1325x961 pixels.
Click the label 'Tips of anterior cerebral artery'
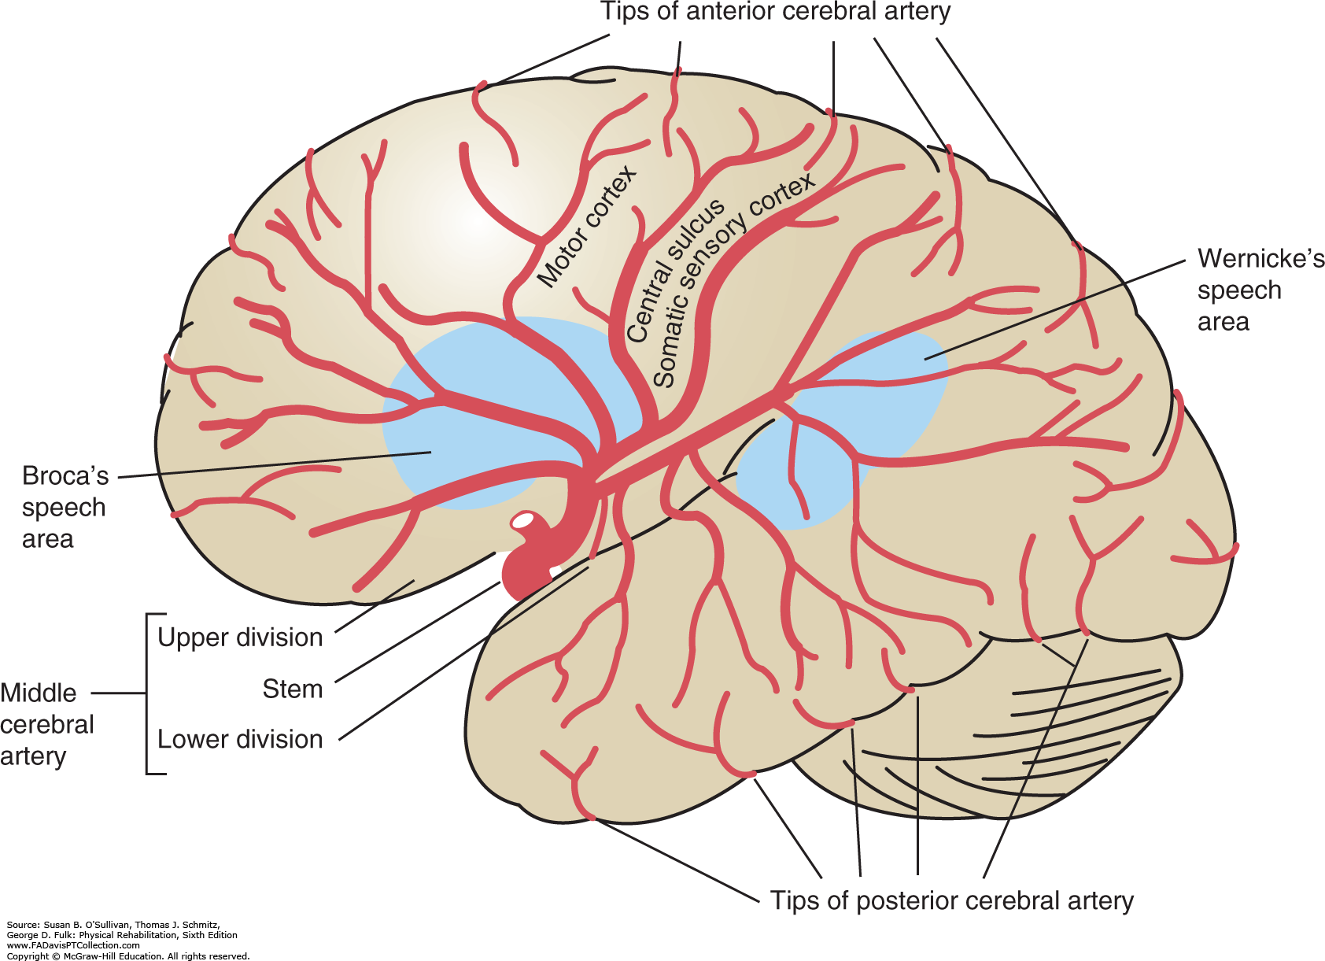click(775, 12)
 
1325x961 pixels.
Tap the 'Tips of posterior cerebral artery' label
click(951, 900)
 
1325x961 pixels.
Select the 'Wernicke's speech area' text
click(1260, 290)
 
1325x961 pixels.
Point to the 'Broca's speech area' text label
click(64, 508)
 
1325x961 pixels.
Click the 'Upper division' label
click(240, 637)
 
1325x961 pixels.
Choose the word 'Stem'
click(292, 689)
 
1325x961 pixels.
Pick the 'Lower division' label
click(240, 739)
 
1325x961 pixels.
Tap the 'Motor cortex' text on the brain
click(586, 227)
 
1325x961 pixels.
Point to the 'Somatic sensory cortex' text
click(732, 279)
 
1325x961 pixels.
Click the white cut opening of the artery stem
click(524, 520)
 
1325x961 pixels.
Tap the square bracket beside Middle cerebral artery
click(149, 693)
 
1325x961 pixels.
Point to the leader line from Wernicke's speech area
click(1054, 309)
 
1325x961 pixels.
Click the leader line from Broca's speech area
click(275, 464)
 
